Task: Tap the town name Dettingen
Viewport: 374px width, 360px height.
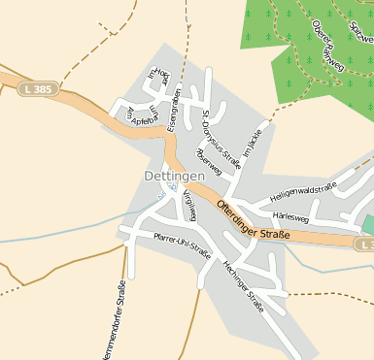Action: point(174,177)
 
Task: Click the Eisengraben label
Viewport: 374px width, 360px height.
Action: point(172,110)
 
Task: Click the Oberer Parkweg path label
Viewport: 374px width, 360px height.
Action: point(328,47)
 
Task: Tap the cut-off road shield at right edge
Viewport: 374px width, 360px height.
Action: point(368,246)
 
